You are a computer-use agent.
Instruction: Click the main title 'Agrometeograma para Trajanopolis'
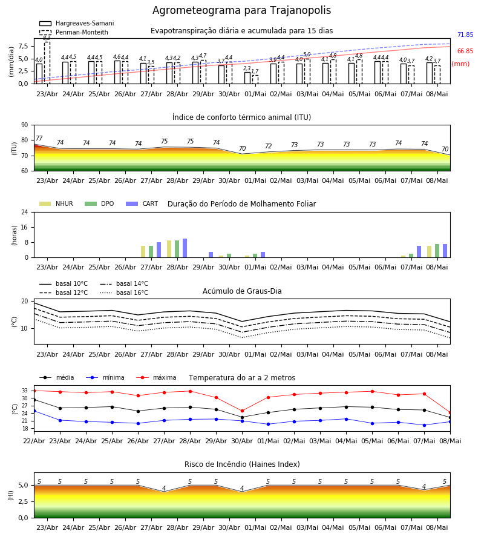click(x=241, y=10)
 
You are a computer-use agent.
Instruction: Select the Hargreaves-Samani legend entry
click(x=76, y=23)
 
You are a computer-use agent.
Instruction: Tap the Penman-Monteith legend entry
click(x=74, y=32)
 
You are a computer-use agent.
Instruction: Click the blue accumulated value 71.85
click(x=465, y=35)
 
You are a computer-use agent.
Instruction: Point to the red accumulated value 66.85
click(x=465, y=51)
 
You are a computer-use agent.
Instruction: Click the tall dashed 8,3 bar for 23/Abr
click(x=47, y=62)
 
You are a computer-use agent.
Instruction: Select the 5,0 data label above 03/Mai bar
click(x=307, y=54)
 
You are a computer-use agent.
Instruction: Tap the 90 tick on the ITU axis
click(x=25, y=125)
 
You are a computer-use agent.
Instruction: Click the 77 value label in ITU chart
click(x=39, y=138)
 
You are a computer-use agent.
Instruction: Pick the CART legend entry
click(x=142, y=203)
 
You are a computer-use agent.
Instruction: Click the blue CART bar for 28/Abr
click(x=185, y=248)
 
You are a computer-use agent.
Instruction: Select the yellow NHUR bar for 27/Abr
click(x=143, y=252)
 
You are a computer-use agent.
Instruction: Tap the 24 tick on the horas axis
click(x=25, y=213)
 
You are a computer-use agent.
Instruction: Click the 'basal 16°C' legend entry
click(x=124, y=292)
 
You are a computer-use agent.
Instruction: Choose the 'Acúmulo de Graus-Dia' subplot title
click(x=242, y=291)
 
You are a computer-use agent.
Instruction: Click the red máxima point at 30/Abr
click(x=243, y=411)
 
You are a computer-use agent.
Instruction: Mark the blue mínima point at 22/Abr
click(x=34, y=411)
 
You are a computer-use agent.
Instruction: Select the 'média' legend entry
click(x=57, y=377)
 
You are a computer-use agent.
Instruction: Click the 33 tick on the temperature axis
click(x=25, y=391)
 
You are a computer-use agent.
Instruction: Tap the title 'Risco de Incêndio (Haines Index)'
click(x=242, y=464)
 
